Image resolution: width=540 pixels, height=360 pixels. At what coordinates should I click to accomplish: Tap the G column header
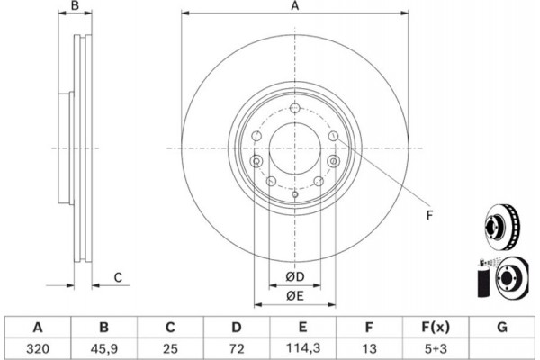(500, 327)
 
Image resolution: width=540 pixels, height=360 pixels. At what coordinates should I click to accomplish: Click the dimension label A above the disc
(294, 7)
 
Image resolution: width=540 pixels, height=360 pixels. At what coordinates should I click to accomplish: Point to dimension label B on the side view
(76, 7)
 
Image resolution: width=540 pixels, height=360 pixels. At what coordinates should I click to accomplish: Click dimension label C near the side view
(118, 277)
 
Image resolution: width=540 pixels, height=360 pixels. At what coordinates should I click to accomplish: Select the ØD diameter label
(294, 276)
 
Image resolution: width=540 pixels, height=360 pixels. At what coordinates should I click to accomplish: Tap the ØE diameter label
(294, 296)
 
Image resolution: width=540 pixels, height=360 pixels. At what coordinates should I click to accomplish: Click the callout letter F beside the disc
(428, 214)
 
